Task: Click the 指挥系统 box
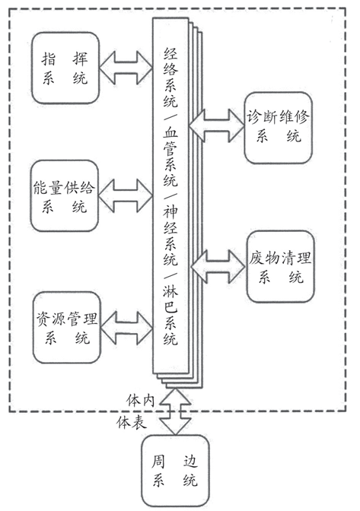(65, 68)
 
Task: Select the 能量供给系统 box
(65, 196)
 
